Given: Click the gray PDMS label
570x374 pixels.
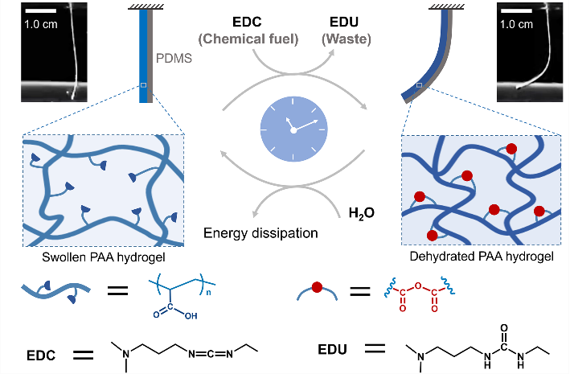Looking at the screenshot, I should pos(170,58).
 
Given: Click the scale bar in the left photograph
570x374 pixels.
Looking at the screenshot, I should pos(42,11).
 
